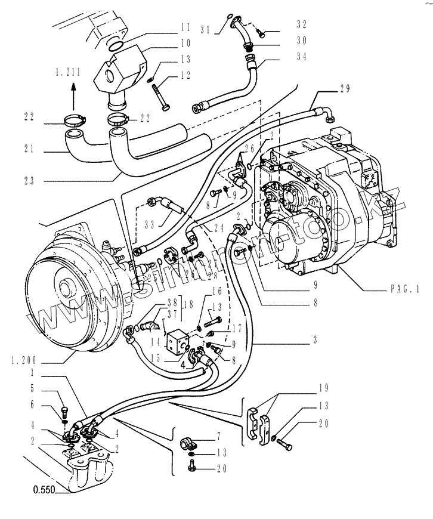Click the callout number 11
(185, 27)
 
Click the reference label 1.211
(68, 72)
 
